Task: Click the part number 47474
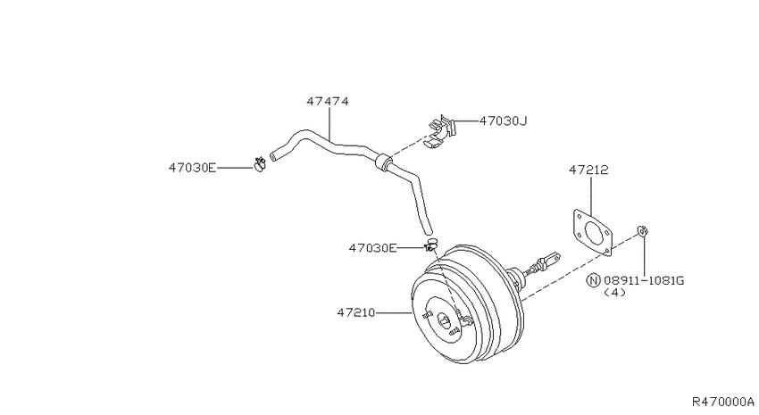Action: (328, 102)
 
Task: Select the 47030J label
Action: (503, 120)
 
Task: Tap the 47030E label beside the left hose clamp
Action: (192, 168)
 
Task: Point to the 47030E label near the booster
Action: (372, 248)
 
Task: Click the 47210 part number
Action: (356, 313)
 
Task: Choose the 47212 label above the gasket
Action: (588, 170)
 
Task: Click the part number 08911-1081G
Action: (644, 280)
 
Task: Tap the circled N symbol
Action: (594, 280)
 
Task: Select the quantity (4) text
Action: (614, 293)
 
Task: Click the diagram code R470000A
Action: (723, 402)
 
